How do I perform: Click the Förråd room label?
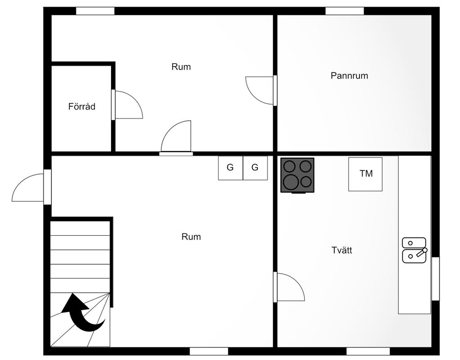pyautogui.click(x=82, y=107)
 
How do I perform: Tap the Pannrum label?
pyautogui.click(x=349, y=76)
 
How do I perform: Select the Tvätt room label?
pyautogui.click(x=341, y=250)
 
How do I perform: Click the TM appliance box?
pyautogui.click(x=365, y=174)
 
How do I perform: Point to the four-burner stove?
pyautogui.click(x=297, y=175)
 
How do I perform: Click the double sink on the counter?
pyautogui.click(x=414, y=250)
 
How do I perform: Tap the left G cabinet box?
pyautogui.click(x=230, y=168)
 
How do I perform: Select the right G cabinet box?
pyautogui.click(x=255, y=168)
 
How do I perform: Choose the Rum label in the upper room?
pyautogui.click(x=181, y=67)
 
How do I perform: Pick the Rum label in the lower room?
pyautogui.click(x=191, y=237)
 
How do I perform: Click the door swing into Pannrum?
pyautogui.click(x=260, y=90)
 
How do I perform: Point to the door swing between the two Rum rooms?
pyautogui.click(x=177, y=137)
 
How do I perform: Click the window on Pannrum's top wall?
pyautogui.click(x=344, y=11)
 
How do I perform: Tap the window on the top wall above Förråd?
pyautogui.click(x=95, y=11)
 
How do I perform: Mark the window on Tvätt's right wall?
pyautogui.click(x=435, y=279)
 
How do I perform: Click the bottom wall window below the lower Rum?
pyautogui.click(x=208, y=351)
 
